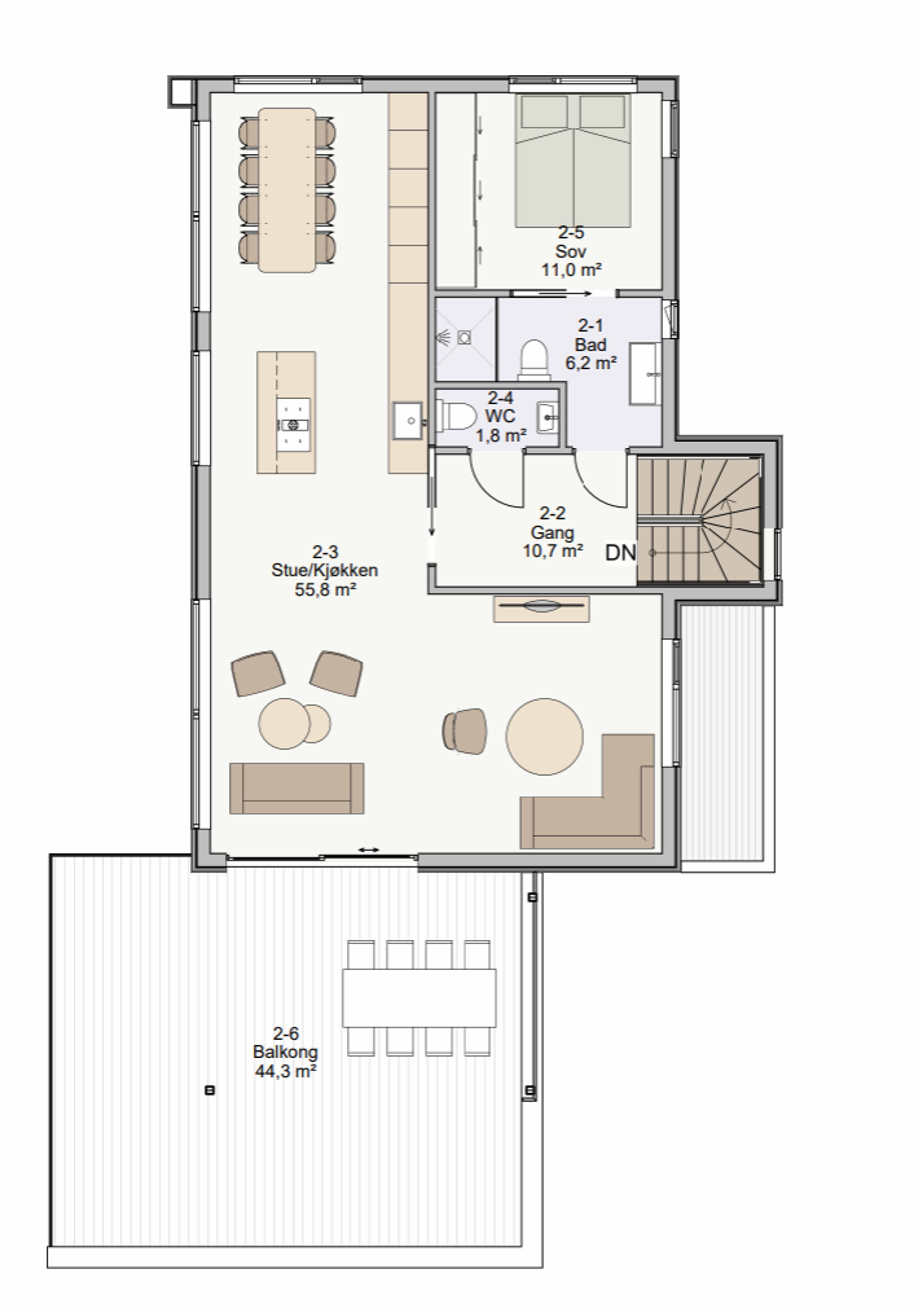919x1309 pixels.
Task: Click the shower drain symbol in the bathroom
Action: click(x=465, y=338)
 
